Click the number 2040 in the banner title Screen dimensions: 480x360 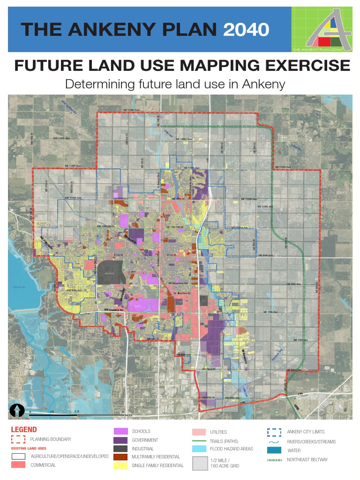point(246,30)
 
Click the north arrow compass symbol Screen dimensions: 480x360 point(17,410)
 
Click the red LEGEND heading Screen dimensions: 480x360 point(23,429)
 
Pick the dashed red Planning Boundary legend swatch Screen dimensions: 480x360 point(18,439)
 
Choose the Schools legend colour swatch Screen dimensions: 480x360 point(120,431)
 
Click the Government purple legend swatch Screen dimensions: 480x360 point(120,440)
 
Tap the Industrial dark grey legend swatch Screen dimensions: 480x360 point(120,449)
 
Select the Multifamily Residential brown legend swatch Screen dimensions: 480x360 point(120,457)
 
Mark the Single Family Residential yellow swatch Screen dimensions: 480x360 point(120,465)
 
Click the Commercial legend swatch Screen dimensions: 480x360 point(18,465)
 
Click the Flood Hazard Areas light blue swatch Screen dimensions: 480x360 point(199,449)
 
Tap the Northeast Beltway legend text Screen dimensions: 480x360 point(307,459)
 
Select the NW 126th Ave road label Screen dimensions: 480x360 point(61,139)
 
